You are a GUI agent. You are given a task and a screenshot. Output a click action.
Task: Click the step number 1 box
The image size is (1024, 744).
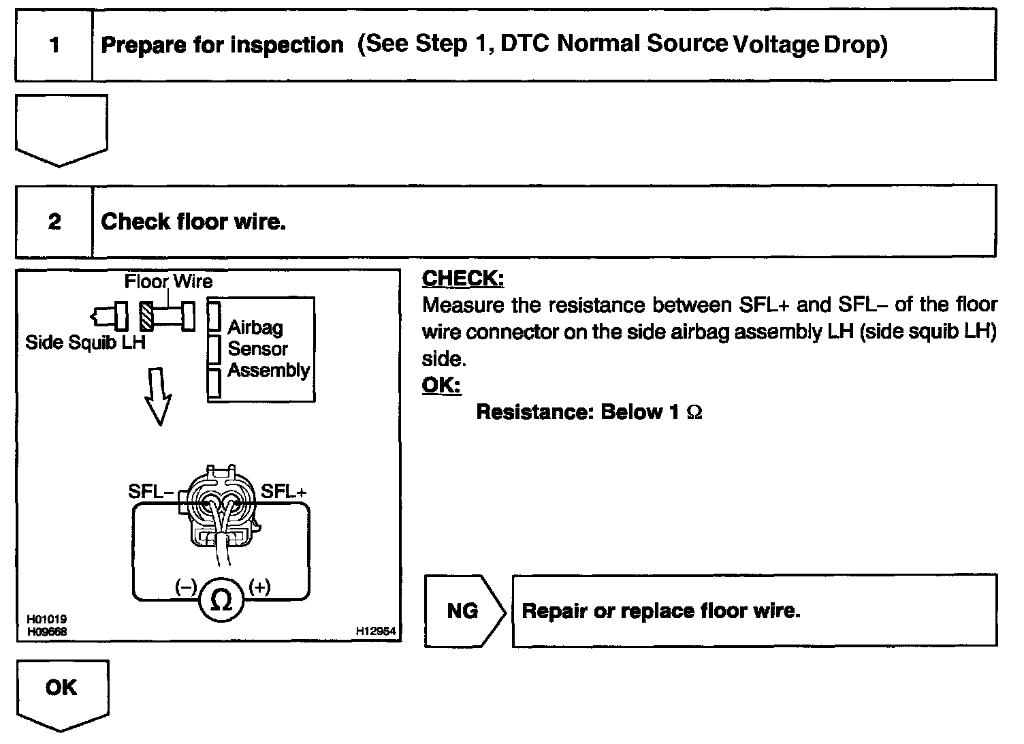tap(54, 46)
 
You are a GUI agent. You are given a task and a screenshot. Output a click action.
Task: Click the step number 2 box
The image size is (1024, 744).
tap(54, 221)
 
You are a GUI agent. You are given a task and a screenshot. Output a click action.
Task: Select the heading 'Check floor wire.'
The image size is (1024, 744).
tap(193, 221)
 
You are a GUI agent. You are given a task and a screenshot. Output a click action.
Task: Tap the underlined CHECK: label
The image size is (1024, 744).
tap(463, 278)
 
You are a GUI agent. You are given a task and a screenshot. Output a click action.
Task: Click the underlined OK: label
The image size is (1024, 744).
tap(441, 385)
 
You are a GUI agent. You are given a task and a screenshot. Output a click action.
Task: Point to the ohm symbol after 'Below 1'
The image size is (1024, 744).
tap(694, 413)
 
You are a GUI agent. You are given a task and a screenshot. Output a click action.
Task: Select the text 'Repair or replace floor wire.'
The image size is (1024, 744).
tap(660, 610)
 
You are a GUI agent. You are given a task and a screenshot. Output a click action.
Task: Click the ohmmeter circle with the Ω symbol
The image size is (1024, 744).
tap(221, 601)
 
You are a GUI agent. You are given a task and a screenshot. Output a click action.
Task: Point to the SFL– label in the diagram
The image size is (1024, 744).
tap(150, 491)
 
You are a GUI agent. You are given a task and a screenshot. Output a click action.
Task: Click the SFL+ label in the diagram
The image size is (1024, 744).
tap(284, 491)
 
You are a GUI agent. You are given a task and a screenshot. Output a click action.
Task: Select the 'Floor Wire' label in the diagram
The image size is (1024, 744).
tap(168, 281)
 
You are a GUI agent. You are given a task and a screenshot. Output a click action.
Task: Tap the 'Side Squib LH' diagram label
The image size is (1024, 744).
tap(85, 342)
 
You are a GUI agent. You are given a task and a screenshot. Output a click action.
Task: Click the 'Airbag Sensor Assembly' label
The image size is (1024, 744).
tap(268, 349)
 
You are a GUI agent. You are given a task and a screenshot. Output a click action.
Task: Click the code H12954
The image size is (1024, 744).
tap(375, 632)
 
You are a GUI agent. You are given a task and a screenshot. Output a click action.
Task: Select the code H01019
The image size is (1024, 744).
tap(46, 619)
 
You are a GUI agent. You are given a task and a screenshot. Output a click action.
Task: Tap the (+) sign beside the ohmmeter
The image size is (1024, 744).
tap(260, 587)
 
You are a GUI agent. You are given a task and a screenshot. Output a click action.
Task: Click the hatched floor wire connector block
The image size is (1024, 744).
tap(147, 315)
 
